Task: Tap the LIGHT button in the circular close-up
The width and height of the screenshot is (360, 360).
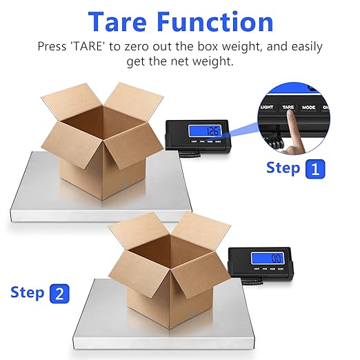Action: (x=266, y=108)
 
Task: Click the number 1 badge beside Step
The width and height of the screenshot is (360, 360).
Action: (x=314, y=168)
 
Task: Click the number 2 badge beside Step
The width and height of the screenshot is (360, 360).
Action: (x=59, y=293)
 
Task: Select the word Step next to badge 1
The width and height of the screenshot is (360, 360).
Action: (x=283, y=168)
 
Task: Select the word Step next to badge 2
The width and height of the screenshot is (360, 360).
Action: (x=28, y=292)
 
